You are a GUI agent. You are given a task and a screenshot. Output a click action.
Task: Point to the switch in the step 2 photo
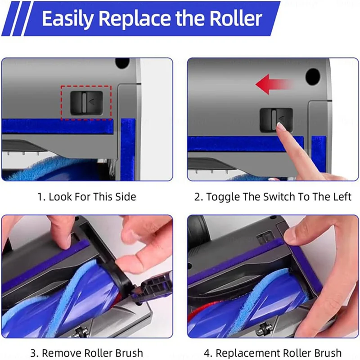pyautogui.click(x=276, y=119)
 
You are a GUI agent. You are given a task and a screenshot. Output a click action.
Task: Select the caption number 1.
pyautogui.click(x=40, y=197)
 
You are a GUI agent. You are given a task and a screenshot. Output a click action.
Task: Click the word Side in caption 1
pyautogui.click(x=126, y=197)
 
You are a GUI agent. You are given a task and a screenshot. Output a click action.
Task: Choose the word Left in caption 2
pyautogui.click(x=341, y=197)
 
